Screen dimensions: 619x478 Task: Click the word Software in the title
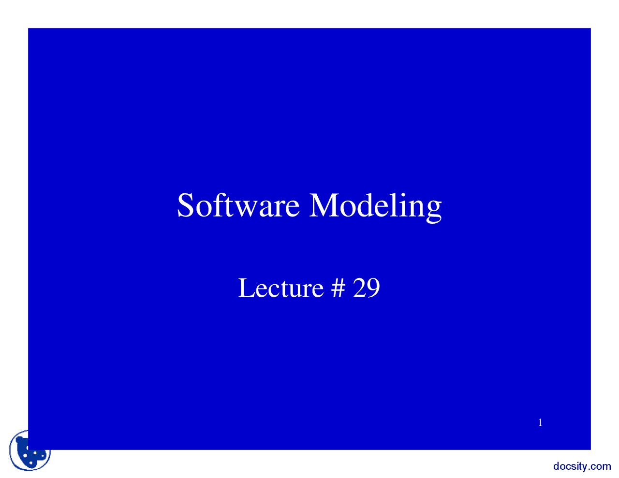[x=238, y=205]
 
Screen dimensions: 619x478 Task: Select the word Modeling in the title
[x=375, y=207]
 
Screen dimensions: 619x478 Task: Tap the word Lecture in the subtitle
[x=280, y=288]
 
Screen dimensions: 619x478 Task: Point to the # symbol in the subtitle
[x=339, y=288]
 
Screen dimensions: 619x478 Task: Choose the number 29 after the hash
[x=367, y=288]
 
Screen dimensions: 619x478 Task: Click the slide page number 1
[x=540, y=422]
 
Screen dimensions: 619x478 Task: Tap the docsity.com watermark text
[x=582, y=467]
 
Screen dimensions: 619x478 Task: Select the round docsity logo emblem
[x=29, y=451]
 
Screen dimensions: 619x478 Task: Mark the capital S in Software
[x=185, y=205]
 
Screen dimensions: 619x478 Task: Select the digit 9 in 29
[x=373, y=288]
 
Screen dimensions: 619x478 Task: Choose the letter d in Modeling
[x=365, y=205]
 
